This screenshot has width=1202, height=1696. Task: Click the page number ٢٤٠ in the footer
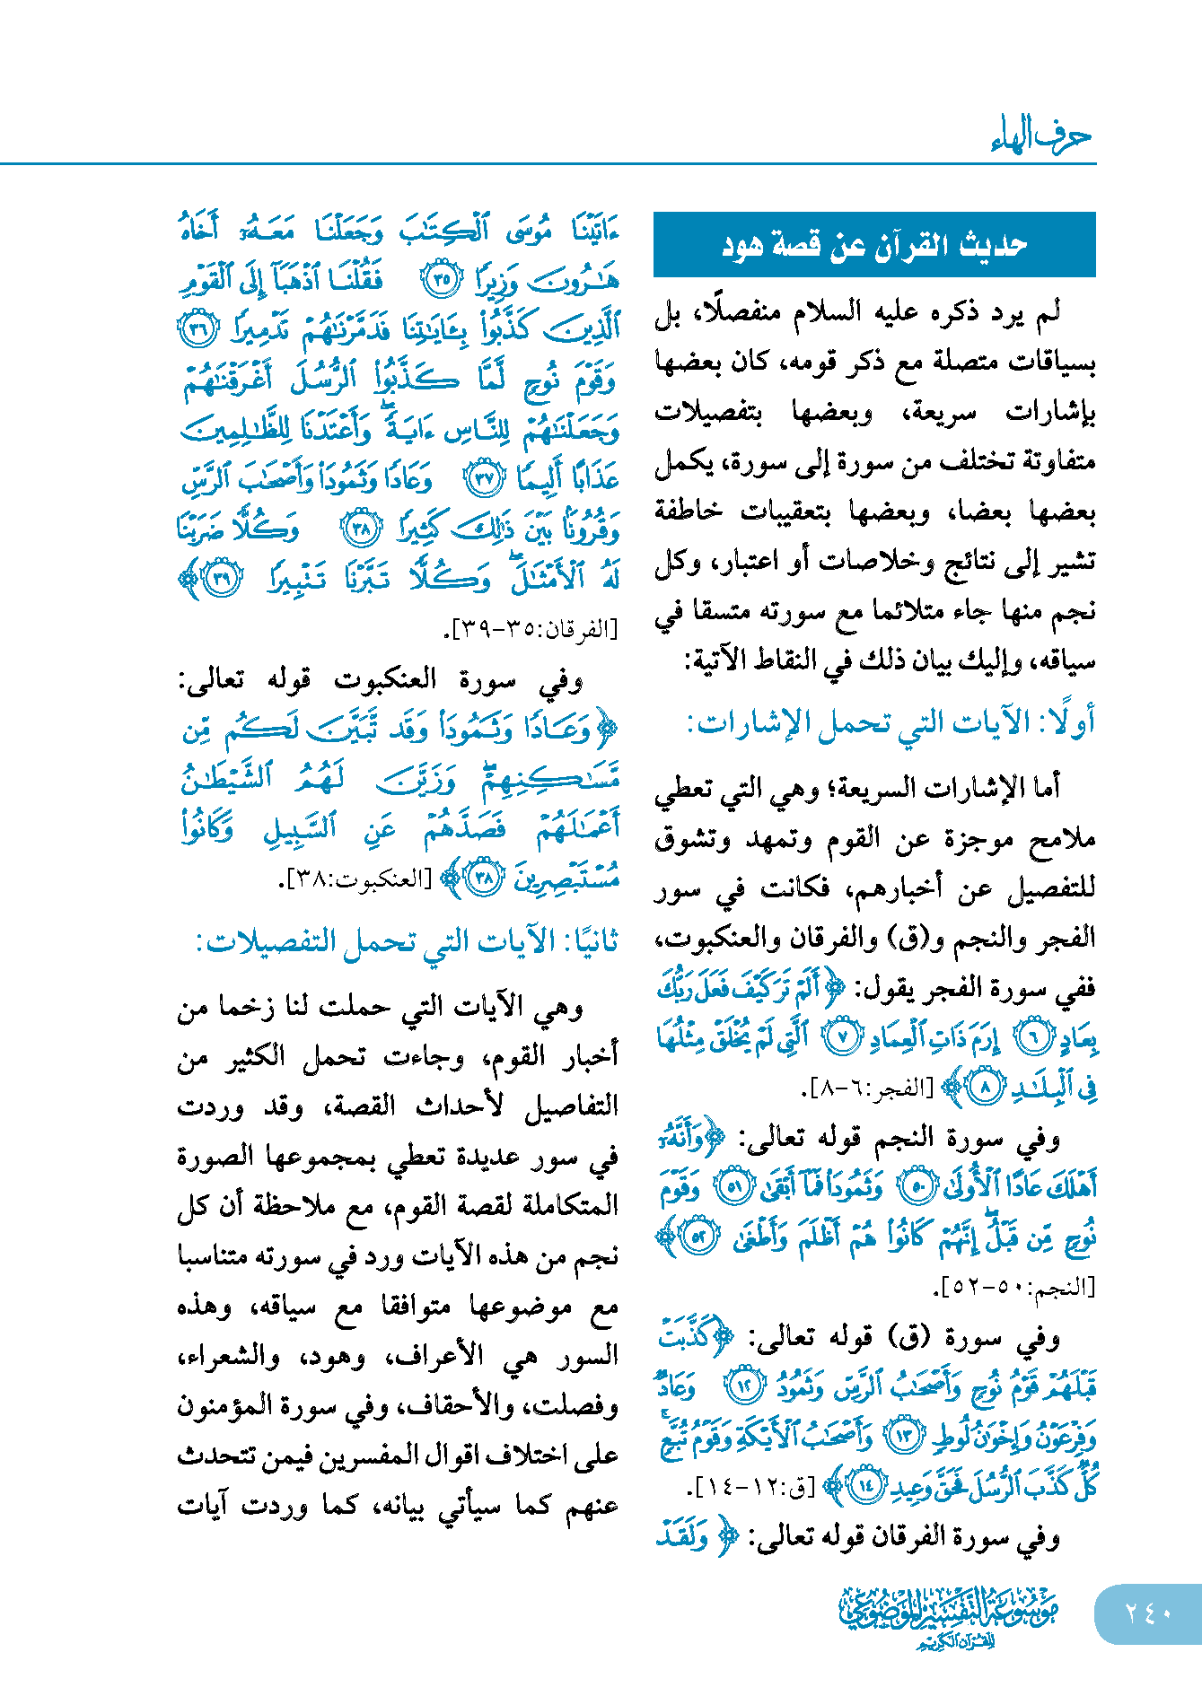pos(1148,1613)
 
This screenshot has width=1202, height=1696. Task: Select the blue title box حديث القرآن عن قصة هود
pos(874,245)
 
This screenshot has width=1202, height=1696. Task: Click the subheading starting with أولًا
pos(891,723)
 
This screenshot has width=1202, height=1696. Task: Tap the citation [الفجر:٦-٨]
pos(867,1088)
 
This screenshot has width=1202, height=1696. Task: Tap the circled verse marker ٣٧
pos(484,479)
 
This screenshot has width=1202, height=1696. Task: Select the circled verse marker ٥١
pos(733,1188)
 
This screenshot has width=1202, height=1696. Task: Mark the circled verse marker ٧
pos(842,1037)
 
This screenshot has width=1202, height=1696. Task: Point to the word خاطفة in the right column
pos(689,511)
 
